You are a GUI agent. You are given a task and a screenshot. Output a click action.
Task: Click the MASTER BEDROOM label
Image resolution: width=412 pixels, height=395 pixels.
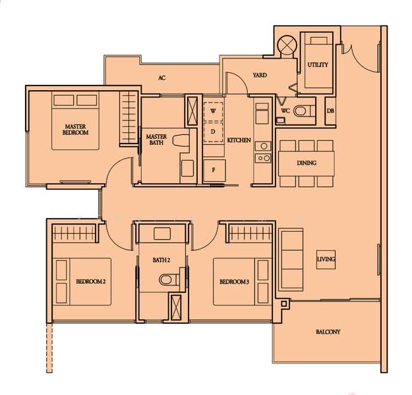(x=75, y=130)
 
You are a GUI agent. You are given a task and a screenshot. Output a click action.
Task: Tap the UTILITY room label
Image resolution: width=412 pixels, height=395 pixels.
(x=318, y=65)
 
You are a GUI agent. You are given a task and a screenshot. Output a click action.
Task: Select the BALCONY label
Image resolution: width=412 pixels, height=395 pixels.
(x=328, y=332)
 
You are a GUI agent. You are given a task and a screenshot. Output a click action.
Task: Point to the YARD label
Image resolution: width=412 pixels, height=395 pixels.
(x=260, y=75)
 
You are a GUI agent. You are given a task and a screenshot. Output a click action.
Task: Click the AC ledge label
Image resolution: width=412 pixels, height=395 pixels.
(x=162, y=78)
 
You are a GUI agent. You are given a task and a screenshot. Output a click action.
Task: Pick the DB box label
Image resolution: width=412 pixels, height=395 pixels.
(x=330, y=111)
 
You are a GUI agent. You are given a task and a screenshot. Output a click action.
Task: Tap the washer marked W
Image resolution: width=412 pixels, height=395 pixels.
(x=213, y=111)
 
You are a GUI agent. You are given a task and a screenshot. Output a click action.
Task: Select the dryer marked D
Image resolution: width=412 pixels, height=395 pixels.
(x=213, y=132)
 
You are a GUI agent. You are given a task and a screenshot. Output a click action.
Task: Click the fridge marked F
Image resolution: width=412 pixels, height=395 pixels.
(x=214, y=170)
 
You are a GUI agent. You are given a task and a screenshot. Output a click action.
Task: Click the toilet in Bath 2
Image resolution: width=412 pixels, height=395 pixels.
(x=169, y=280)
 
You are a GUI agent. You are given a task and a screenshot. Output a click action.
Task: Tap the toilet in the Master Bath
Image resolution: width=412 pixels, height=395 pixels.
(x=181, y=140)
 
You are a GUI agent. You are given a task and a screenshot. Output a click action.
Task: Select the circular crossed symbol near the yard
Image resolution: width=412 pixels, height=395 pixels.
(x=287, y=45)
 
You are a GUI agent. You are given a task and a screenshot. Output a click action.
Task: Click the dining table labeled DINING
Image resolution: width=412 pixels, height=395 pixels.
(x=307, y=163)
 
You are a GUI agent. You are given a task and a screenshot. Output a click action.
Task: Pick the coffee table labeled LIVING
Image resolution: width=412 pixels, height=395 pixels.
(x=326, y=259)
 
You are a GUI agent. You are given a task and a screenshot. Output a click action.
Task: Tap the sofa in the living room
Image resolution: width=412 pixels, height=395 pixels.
(x=291, y=259)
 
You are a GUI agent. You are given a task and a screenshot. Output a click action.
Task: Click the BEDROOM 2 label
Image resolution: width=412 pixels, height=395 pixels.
(x=91, y=282)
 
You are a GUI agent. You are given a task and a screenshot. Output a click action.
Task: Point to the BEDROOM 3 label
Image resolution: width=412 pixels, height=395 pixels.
(x=235, y=282)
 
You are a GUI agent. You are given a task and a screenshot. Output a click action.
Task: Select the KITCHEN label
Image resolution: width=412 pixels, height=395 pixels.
(x=239, y=140)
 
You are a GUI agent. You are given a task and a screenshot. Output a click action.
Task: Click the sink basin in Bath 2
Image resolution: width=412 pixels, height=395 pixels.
(x=162, y=234)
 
